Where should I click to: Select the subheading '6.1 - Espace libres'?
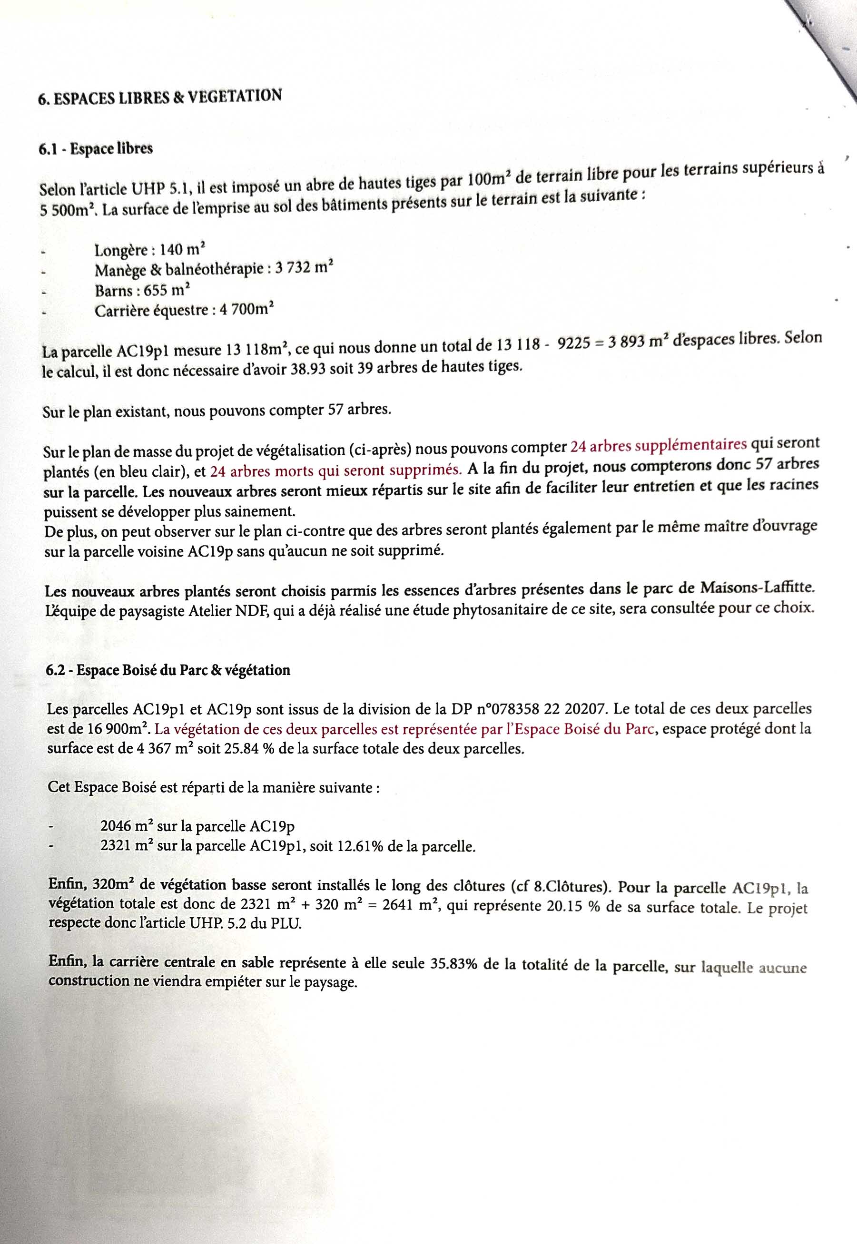pyautogui.click(x=96, y=148)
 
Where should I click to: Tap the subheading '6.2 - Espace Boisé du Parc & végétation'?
pyautogui.click(x=168, y=670)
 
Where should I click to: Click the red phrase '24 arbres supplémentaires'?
pyautogui.click(x=658, y=445)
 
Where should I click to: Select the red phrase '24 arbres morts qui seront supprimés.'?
pyautogui.click(x=335, y=470)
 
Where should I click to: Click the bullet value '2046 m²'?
pyautogui.click(x=126, y=826)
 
